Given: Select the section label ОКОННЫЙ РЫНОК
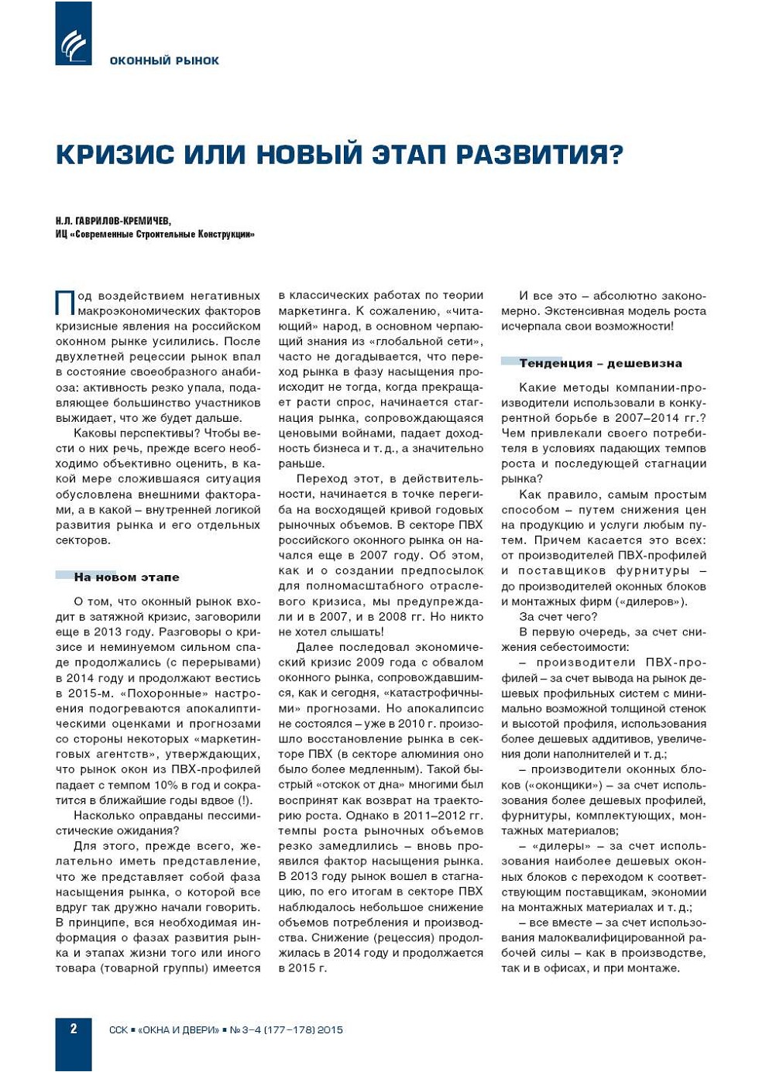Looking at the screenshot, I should [164, 60].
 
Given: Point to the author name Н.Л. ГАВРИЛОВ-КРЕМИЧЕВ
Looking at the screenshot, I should [113, 221].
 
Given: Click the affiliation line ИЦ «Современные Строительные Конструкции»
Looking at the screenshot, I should [155, 234].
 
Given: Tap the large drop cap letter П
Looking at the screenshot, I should [64, 302].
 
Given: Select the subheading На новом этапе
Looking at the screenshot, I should [126, 577].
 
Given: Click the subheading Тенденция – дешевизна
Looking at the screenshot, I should [600, 363].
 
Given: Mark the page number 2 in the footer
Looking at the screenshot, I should [74, 1029].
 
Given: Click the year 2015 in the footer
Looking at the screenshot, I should [330, 1030].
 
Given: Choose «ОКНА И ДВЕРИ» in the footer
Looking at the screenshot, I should [179, 1030].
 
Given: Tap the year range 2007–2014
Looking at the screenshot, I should [645, 418].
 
